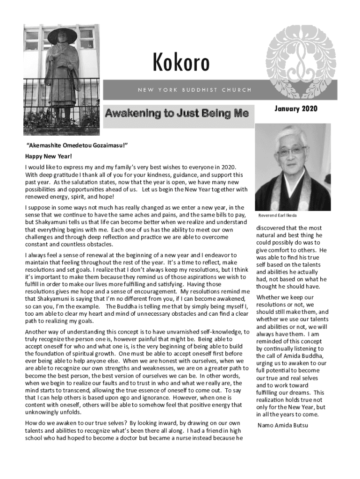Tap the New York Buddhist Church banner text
tap(194, 90)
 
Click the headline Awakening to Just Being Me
tap(177, 113)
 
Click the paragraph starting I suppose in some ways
tap(137, 226)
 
